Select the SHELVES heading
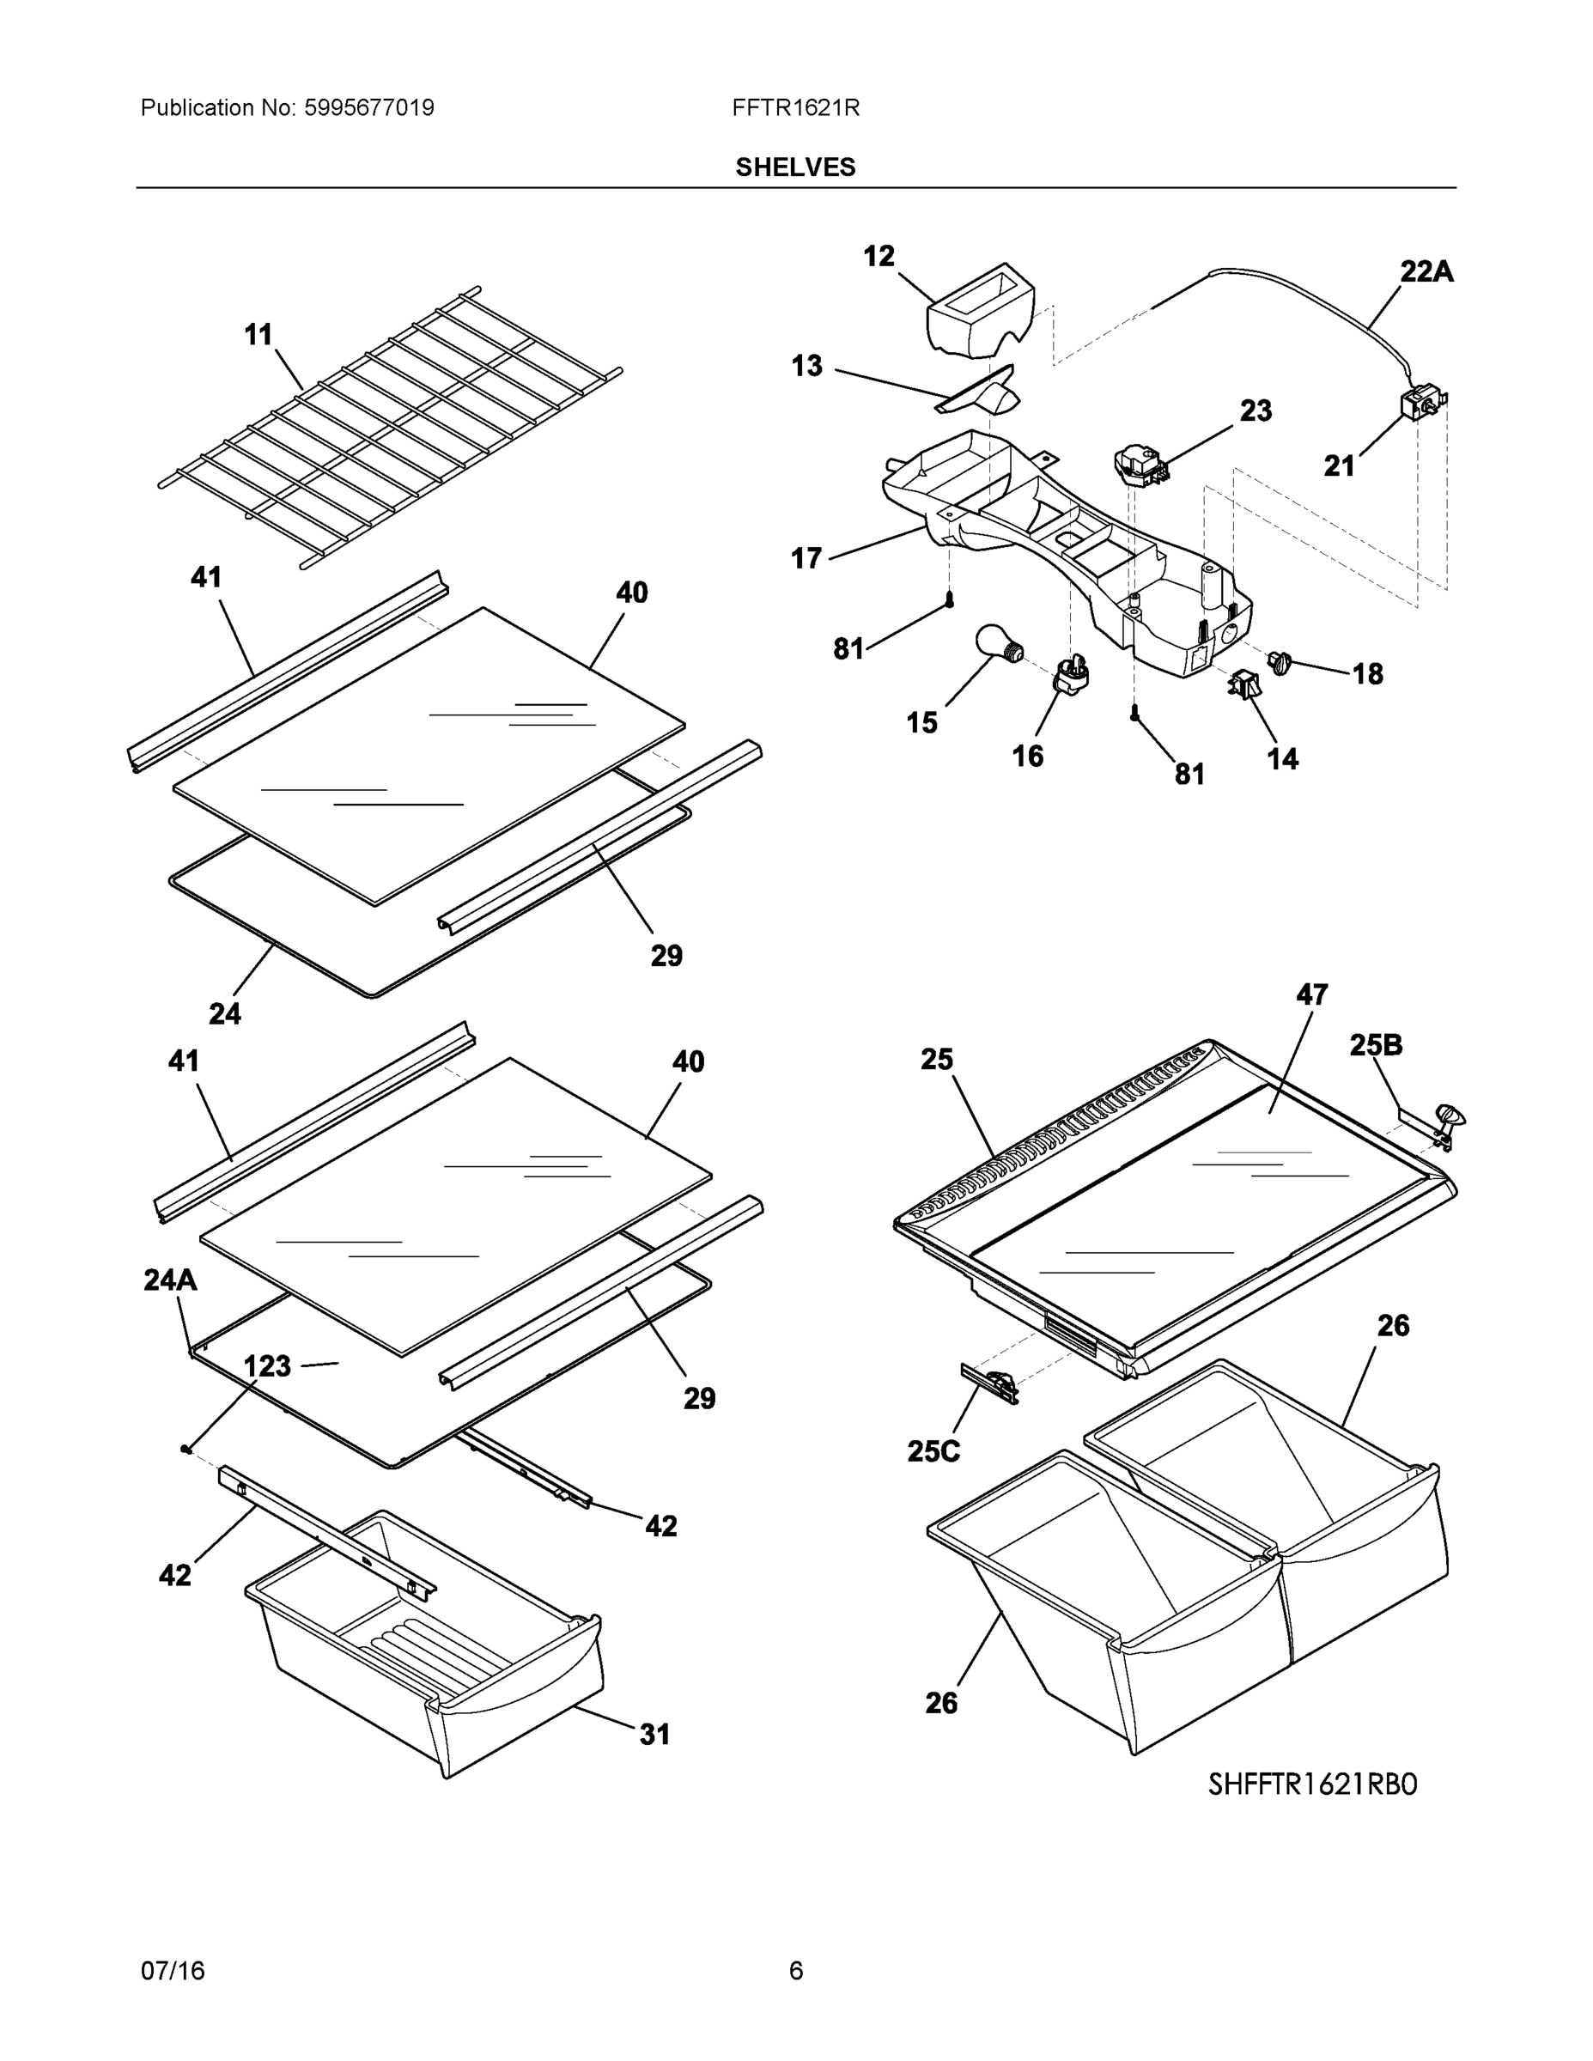tap(794, 167)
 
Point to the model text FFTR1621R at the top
tap(794, 108)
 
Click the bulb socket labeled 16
tap(1071, 676)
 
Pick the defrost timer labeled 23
tap(1139, 465)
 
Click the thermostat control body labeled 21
tap(1415, 406)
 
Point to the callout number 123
tap(267, 1366)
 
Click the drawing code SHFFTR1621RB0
tap(1312, 1784)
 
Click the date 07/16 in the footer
tap(173, 1972)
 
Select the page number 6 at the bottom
tap(795, 1972)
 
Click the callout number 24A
tap(170, 1280)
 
